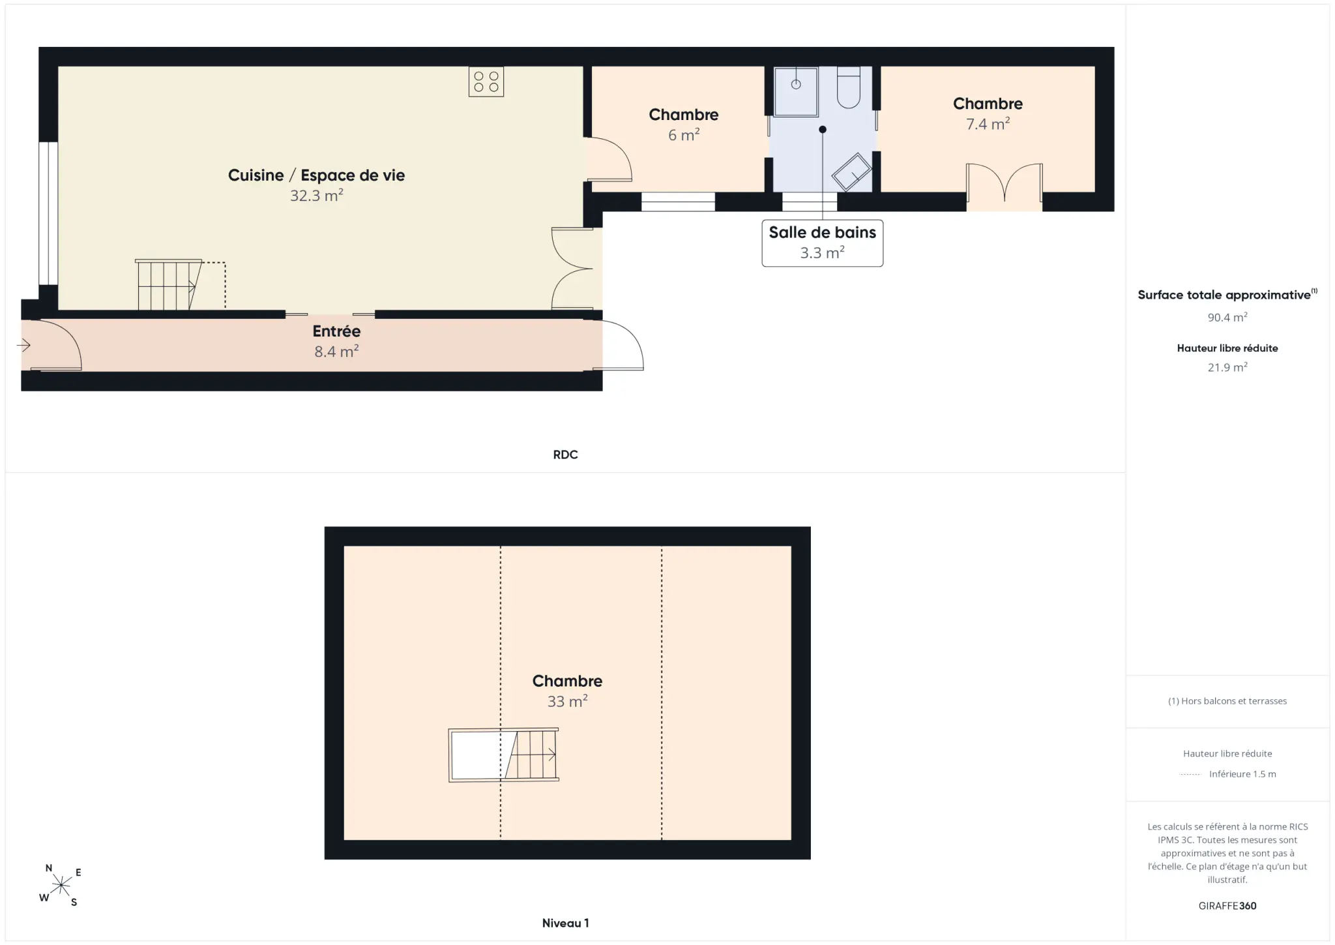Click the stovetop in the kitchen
point(486,82)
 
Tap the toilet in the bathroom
point(848,87)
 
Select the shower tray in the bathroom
point(796,91)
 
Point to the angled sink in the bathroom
point(851,172)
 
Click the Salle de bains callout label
point(823,243)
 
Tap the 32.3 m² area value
point(317,195)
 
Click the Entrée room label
point(336,331)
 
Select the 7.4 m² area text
point(988,123)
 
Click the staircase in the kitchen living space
point(168,284)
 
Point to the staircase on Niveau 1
point(503,755)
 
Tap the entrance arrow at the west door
point(23,345)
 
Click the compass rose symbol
point(61,885)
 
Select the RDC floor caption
point(565,455)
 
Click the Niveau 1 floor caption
point(565,923)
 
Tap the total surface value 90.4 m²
point(1227,317)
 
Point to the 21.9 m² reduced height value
point(1227,367)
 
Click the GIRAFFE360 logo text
point(1227,906)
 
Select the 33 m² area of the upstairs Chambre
point(567,701)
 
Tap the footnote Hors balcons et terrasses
point(1227,701)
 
